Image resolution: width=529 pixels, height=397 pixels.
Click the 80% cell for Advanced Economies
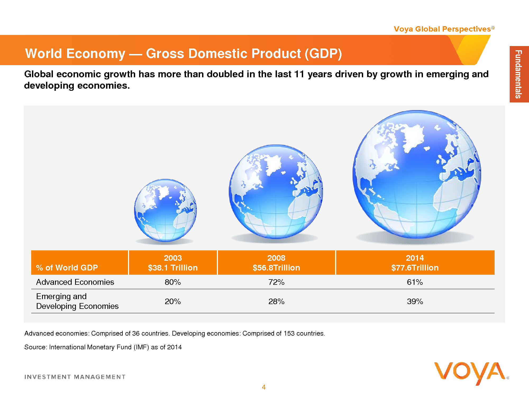[x=173, y=282]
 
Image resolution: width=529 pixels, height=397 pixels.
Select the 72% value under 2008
[x=276, y=282]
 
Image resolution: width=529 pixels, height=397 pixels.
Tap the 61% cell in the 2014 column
[x=415, y=282]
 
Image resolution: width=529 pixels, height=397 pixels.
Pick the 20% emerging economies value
[x=173, y=301]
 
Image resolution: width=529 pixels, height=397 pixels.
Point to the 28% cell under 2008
[x=276, y=301]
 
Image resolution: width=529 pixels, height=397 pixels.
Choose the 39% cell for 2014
[x=415, y=301]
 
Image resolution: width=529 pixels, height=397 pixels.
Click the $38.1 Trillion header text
[x=173, y=268]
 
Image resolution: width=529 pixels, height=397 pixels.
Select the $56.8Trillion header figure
[x=276, y=268]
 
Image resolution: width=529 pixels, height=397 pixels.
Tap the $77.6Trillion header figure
[x=415, y=268]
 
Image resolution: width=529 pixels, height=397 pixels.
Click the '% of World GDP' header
[x=67, y=268]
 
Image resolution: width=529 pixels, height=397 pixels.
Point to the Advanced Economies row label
[x=75, y=282]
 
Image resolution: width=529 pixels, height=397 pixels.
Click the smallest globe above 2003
[x=165, y=210]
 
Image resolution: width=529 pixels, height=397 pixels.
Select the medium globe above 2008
[x=276, y=192]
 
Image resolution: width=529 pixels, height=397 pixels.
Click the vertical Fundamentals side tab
[x=519, y=74]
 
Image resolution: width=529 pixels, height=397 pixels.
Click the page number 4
[x=264, y=387]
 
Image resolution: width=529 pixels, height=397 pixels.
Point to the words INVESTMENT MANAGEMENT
[x=75, y=377]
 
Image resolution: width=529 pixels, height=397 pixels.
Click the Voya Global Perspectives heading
[x=442, y=29]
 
